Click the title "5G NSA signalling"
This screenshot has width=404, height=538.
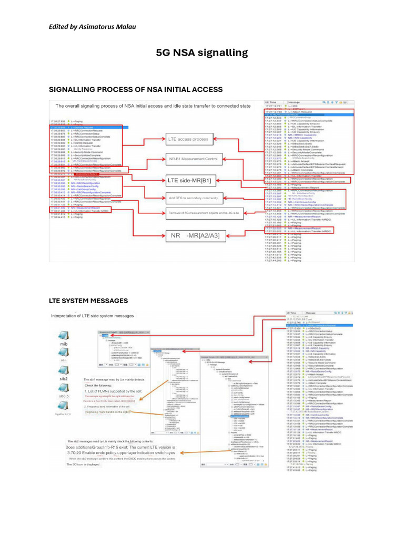point(202,53)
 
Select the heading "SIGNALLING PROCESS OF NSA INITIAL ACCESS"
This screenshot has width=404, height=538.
point(136,89)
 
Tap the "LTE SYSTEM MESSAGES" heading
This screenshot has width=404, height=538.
point(88,301)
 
